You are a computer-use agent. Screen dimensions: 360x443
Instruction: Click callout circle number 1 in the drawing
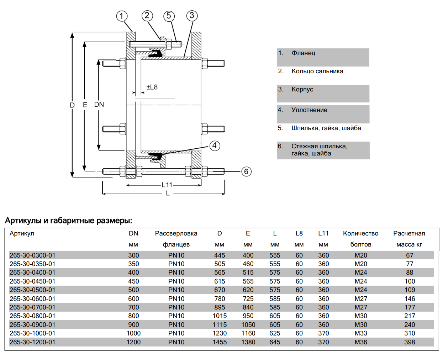click(x=122, y=16)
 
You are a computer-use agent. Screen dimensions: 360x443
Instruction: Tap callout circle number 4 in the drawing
click(x=214, y=145)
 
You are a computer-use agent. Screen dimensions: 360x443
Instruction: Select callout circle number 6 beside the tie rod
click(x=246, y=171)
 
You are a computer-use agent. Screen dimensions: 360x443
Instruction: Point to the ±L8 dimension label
click(x=152, y=87)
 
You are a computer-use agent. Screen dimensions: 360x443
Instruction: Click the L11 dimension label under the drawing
click(x=167, y=185)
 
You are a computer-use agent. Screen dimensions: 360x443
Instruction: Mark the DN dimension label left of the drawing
click(x=99, y=105)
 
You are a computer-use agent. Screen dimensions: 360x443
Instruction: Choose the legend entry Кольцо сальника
click(x=317, y=71)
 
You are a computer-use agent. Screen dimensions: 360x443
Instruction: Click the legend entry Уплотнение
click(x=309, y=110)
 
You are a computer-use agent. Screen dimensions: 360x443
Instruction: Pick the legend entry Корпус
click(x=302, y=89)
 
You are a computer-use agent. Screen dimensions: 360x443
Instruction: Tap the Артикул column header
click(x=22, y=233)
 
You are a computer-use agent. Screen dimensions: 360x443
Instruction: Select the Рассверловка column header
click(x=176, y=233)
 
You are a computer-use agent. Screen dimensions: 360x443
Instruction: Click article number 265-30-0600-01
click(x=32, y=299)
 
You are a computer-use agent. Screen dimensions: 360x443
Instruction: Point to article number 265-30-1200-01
click(x=32, y=342)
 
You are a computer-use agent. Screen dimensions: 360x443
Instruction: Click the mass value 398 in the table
click(x=410, y=342)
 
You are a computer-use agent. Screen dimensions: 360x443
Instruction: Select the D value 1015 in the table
click(x=220, y=316)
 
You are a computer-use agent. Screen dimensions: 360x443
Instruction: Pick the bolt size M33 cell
click(x=361, y=333)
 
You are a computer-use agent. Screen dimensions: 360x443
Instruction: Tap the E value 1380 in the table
click(x=248, y=342)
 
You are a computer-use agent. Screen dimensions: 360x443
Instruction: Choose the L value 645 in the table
click(x=275, y=342)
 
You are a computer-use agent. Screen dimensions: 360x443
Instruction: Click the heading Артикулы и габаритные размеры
click(x=68, y=221)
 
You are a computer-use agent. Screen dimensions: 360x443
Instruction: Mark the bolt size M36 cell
click(x=361, y=342)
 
